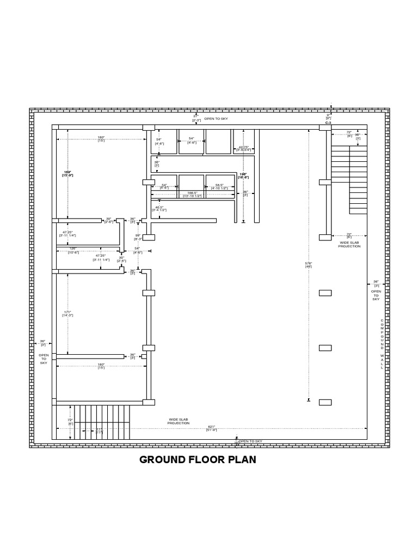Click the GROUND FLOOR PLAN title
198,459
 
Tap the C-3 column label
328,124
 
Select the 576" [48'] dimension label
309,265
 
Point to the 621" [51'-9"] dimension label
212,428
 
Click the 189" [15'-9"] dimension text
67,174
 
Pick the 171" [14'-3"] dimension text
67,313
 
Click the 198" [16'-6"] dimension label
243,175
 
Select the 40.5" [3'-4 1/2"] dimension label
159,208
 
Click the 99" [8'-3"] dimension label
138,237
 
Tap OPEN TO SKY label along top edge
216,118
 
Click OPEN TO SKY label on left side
44,359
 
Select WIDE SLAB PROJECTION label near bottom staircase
179,421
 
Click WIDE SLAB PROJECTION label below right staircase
349,244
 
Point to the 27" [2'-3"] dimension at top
196,118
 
